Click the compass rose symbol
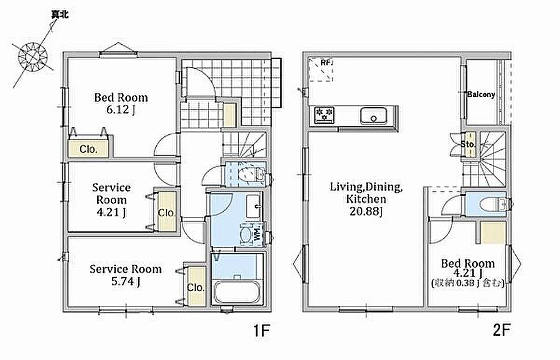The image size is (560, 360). [33, 57]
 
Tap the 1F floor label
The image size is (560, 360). [261, 331]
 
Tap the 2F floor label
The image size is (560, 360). [502, 330]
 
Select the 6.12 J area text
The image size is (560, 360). [121, 110]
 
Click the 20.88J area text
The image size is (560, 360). [366, 212]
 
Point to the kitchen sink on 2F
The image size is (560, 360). [374, 116]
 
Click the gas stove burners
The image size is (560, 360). [324, 115]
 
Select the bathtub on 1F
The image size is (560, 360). [237, 292]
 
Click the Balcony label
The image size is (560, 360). [481, 95]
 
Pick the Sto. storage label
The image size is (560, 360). [468, 144]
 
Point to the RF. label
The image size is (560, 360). [327, 62]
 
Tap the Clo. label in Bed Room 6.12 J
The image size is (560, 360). [89, 149]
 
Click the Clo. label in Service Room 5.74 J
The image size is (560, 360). [196, 288]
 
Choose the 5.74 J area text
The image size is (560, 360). [126, 282]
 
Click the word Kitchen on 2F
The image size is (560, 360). [366, 199]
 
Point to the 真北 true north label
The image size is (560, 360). [60, 15]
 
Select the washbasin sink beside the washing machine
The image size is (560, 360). [254, 207]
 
